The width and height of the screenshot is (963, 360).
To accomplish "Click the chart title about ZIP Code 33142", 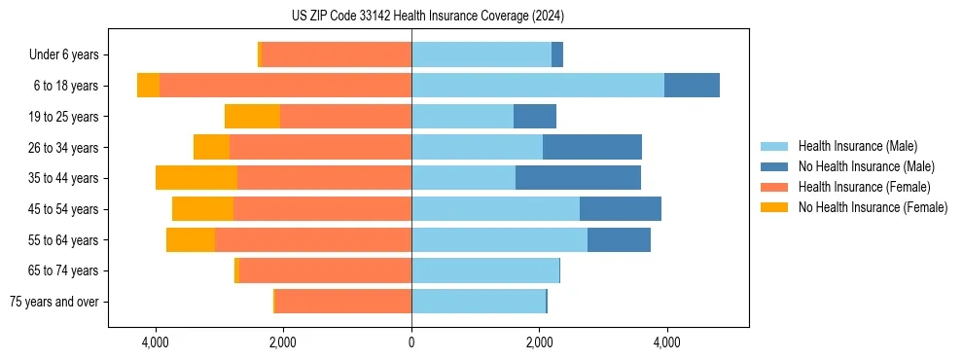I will click(x=427, y=17).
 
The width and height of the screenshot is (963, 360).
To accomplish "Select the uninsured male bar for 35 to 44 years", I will click(x=578, y=178).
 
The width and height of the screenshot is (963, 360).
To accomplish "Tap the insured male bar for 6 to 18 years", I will click(x=538, y=86).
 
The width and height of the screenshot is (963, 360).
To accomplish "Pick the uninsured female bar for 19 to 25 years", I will click(x=252, y=117).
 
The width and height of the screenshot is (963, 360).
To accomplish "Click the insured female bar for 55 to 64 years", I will click(x=313, y=240).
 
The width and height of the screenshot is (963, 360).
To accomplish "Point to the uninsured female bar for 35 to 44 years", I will click(x=196, y=178).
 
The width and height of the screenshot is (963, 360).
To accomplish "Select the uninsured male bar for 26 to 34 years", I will click(x=592, y=147).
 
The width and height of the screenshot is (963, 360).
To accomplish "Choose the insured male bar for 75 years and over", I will click(x=479, y=302).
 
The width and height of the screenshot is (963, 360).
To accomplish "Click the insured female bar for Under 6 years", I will click(x=337, y=54).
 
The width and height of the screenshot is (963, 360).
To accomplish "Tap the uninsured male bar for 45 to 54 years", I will click(x=621, y=209).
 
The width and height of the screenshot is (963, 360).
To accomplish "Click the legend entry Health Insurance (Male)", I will click(x=857, y=146).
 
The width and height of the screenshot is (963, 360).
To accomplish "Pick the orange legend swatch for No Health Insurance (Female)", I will click(x=775, y=207).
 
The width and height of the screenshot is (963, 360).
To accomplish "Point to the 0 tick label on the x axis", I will click(x=411, y=342).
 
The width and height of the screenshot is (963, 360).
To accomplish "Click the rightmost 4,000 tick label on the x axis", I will click(x=667, y=342).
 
